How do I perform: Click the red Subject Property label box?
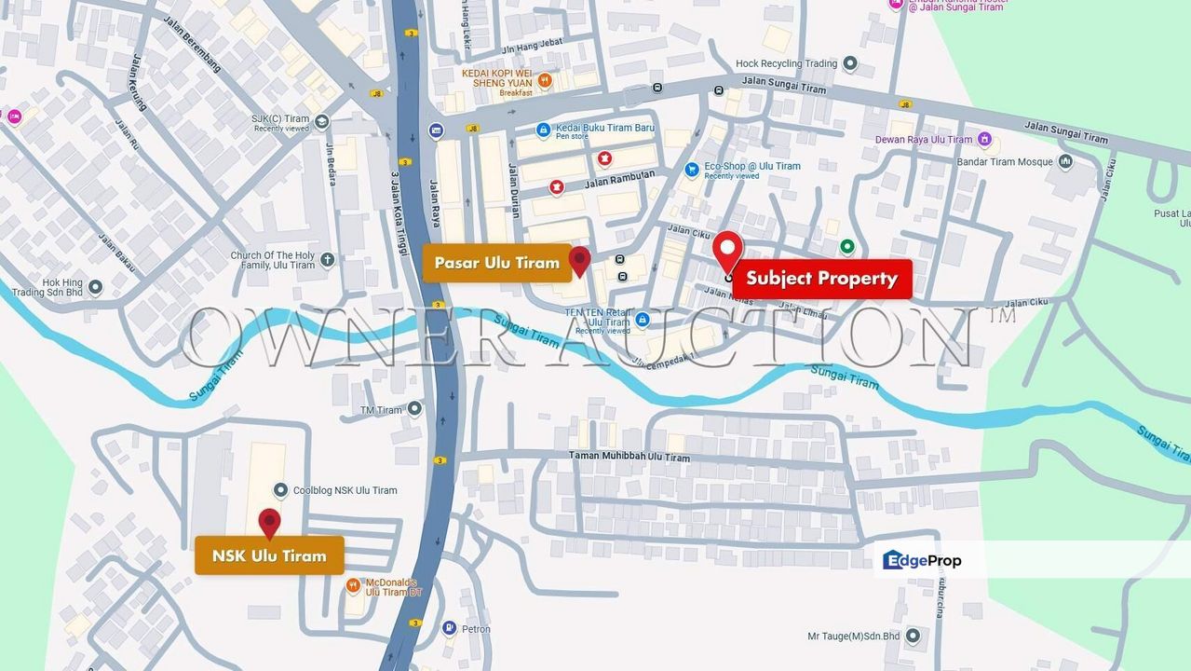pyautogui.click(x=821, y=279)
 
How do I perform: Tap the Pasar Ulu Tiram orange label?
pyautogui.click(x=496, y=263)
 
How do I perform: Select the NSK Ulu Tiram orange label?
pyautogui.click(x=269, y=555)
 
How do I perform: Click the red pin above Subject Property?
pyautogui.click(x=727, y=249)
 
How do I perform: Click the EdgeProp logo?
pyautogui.click(x=922, y=560)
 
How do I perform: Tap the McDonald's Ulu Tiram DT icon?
pyautogui.click(x=353, y=585)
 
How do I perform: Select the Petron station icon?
pyautogui.click(x=449, y=628)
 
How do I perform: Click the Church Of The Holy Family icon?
pyautogui.click(x=327, y=260)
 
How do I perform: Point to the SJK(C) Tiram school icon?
pyautogui.click(x=321, y=121)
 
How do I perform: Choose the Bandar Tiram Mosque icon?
pyautogui.click(x=1065, y=162)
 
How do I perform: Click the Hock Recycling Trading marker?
pyautogui.click(x=849, y=63)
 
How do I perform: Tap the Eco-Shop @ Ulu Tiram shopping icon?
pyautogui.click(x=691, y=170)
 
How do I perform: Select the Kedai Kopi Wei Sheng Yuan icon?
pyautogui.click(x=545, y=81)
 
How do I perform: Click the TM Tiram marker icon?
pyautogui.click(x=414, y=408)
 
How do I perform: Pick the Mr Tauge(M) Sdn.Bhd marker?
pyautogui.click(x=913, y=636)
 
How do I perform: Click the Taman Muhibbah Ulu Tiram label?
pyautogui.click(x=629, y=458)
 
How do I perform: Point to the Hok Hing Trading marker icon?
pyautogui.click(x=95, y=286)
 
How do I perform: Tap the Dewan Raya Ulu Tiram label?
pyautogui.click(x=923, y=140)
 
